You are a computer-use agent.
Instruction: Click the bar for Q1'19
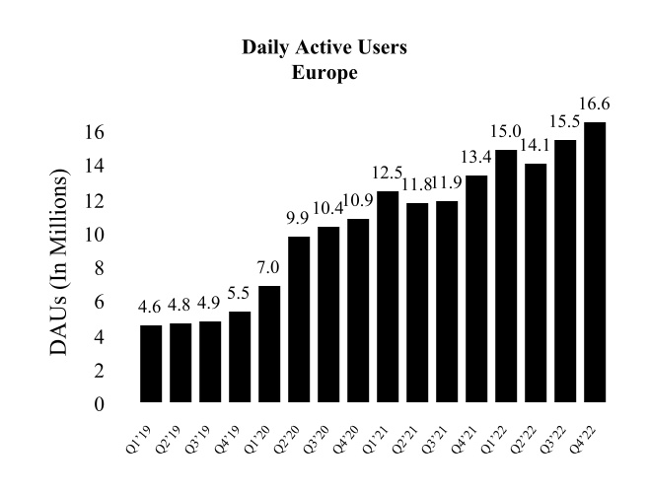(x=151, y=363)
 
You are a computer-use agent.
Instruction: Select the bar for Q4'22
(x=595, y=261)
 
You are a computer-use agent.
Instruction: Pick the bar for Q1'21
(x=388, y=296)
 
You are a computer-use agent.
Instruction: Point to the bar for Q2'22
(x=536, y=282)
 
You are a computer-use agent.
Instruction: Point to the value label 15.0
(x=506, y=132)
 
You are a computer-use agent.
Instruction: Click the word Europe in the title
(x=324, y=73)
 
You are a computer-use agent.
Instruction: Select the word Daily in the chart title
(x=264, y=47)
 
